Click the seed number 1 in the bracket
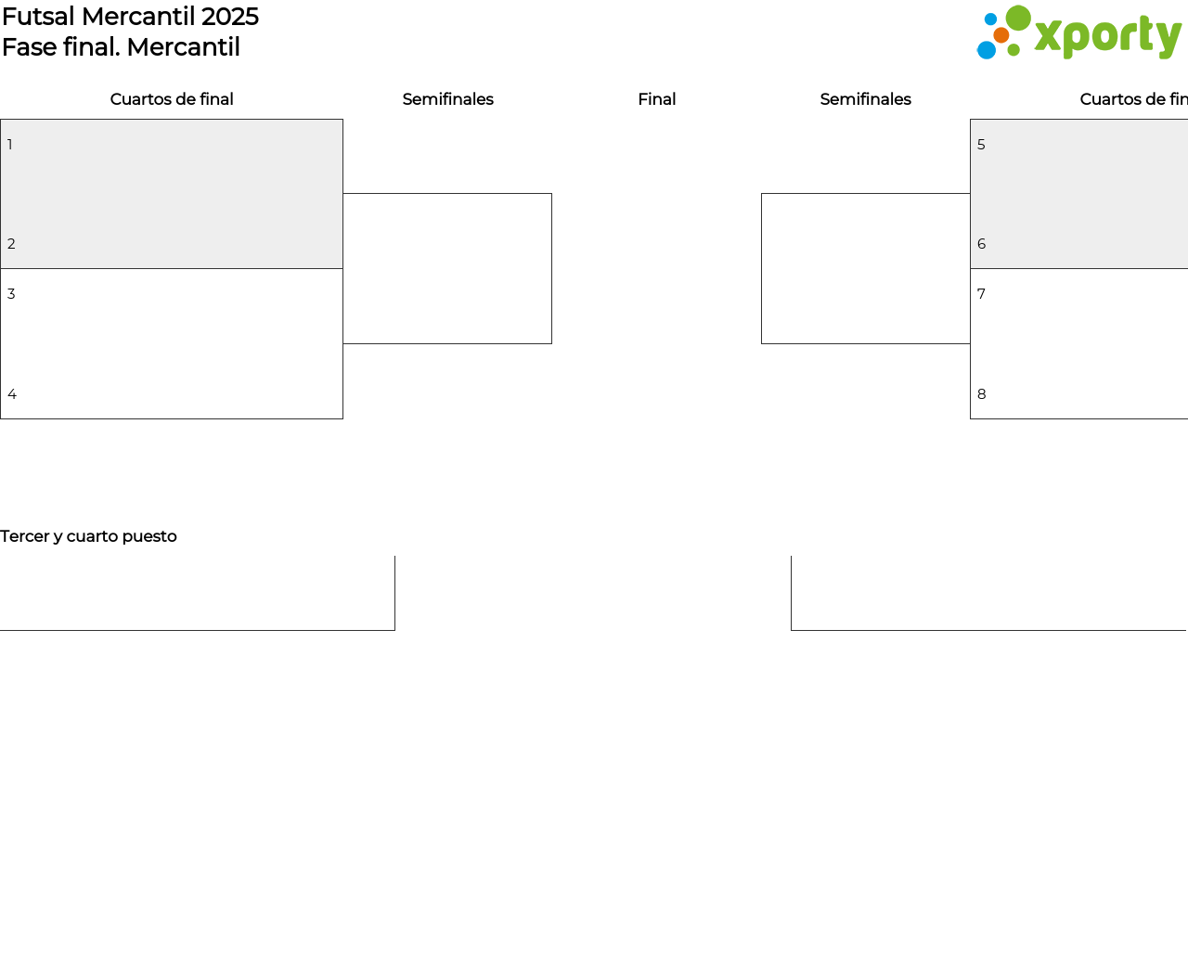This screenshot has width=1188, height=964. (10, 145)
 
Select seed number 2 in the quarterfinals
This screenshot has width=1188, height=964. (11, 244)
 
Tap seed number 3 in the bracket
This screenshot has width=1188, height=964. (11, 294)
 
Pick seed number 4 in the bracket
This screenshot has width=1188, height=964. (12, 394)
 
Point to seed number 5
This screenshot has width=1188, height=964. (981, 145)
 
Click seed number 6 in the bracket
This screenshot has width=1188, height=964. (982, 244)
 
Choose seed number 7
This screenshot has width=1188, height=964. (981, 294)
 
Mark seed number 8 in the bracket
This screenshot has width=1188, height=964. (982, 394)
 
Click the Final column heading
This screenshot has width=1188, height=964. (656, 99)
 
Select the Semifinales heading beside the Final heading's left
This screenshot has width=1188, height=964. (448, 99)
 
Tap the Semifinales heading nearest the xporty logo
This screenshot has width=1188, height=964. (865, 99)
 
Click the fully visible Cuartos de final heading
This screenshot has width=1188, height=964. (172, 99)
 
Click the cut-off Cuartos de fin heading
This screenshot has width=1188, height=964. (1134, 99)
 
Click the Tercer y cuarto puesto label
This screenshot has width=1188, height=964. (88, 536)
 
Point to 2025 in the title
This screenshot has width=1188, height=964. (230, 17)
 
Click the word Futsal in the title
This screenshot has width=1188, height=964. (38, 17)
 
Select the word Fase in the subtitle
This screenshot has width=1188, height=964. (30, 46)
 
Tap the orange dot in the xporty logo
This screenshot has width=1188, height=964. (1001, 35)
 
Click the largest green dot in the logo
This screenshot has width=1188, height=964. (1018, 18)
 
